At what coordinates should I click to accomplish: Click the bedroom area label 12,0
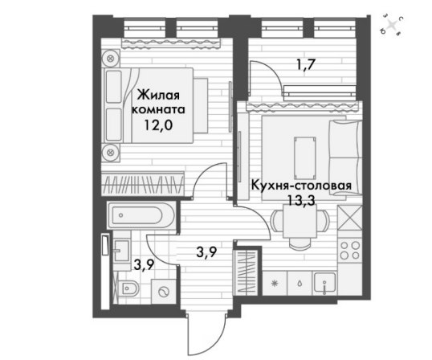(158, 125)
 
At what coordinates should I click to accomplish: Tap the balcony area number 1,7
(306, 67)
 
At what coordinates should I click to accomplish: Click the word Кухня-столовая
(301, 186)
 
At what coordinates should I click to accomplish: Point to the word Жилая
(158, 96)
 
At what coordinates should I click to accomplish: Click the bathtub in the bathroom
(141, 215)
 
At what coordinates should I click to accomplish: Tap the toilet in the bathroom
(130, 288)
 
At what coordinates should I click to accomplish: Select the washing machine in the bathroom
(164, 292)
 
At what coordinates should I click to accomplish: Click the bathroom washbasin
(120, 250)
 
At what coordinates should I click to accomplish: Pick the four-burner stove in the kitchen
(349, 250)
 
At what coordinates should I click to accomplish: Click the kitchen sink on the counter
(325, 283)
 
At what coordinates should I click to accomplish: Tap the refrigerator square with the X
(349, 218)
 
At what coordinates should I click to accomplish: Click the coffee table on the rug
(304, 158)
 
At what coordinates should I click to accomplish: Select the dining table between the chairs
(300, 221)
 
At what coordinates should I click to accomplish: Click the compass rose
(392, 26)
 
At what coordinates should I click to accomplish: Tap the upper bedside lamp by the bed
(111, 58)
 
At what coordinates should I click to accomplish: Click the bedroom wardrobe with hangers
(142, 184)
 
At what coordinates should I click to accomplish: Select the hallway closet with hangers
(246, 272)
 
